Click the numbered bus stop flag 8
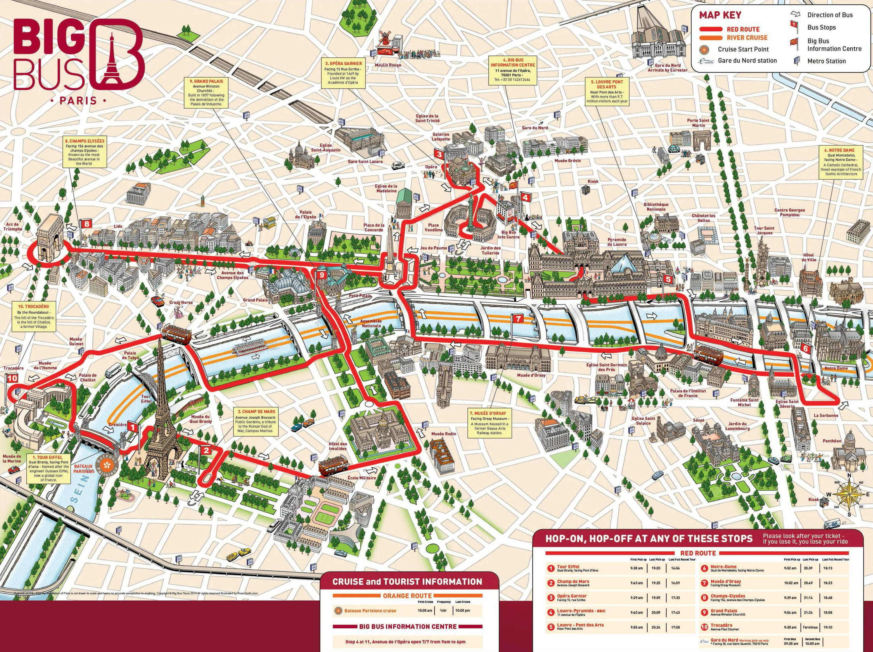(x=86, y=224)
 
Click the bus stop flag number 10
(x=12, y=378)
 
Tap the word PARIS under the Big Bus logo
(x=78, y=101)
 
